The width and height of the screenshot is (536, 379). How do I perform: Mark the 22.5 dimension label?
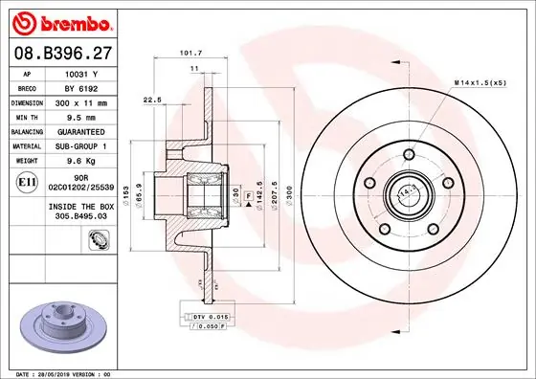coord(150,99)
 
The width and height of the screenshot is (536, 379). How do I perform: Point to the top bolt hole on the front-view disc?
coord(409,156)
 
